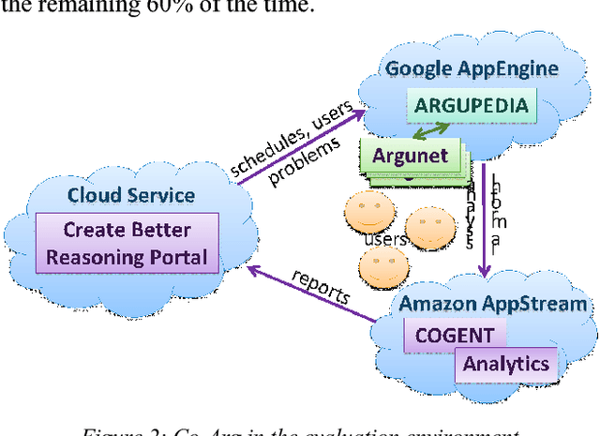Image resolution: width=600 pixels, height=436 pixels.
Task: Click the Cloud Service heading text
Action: pos(130,195)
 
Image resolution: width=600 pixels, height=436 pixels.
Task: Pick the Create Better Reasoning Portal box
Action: pos(127,243)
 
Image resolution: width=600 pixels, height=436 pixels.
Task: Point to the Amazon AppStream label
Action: pos(493,303)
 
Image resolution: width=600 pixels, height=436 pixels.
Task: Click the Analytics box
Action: pos(506,362)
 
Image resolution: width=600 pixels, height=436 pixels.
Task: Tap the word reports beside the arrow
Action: pos(321,288)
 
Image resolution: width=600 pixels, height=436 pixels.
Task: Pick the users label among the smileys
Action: pos(383,240)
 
